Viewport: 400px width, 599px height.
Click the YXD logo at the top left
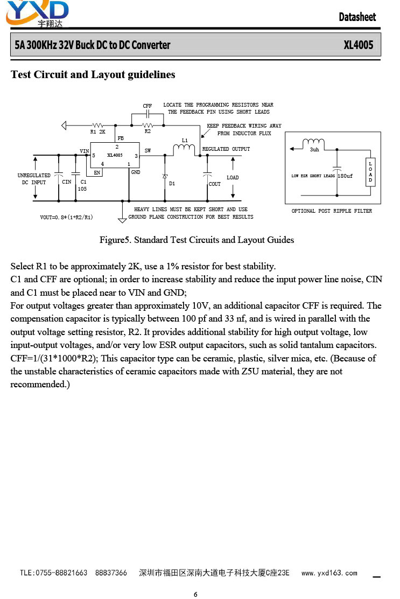click(x=37, y=14)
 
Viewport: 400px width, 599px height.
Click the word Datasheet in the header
click(x=357, y=17)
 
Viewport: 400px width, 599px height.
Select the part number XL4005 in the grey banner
click(x=359, y=45)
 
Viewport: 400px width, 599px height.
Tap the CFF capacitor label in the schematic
click(x=148, y=106)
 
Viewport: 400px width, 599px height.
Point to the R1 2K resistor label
click(x=97, y=132)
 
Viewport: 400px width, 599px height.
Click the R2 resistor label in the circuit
click(x=148, y=131)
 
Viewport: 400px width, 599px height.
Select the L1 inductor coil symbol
click(x=184, y=150)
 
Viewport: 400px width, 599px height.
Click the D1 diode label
click(x=172, y=184)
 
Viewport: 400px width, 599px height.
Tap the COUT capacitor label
click(x=214, y=184)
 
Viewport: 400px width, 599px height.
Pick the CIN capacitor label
click(x=66, y=182)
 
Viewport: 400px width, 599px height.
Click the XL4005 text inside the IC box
click(x=115, y=155)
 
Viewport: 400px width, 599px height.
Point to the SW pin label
click(x=148, y=150)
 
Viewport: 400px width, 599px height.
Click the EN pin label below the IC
click(x=97, y=173)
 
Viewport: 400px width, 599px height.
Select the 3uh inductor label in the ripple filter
click(x=314, y=150)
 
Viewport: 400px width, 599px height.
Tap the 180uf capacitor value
click(x=345, y=176)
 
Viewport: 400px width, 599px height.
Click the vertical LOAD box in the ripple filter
click(x=370, y=172)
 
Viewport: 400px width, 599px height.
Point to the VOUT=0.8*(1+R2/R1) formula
click(x=66, y=218)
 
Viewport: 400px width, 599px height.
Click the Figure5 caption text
click(x=197, y=240)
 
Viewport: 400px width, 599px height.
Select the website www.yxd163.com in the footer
click(x=329, y=573)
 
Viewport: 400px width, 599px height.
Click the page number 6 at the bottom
click(x=196, y=594)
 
